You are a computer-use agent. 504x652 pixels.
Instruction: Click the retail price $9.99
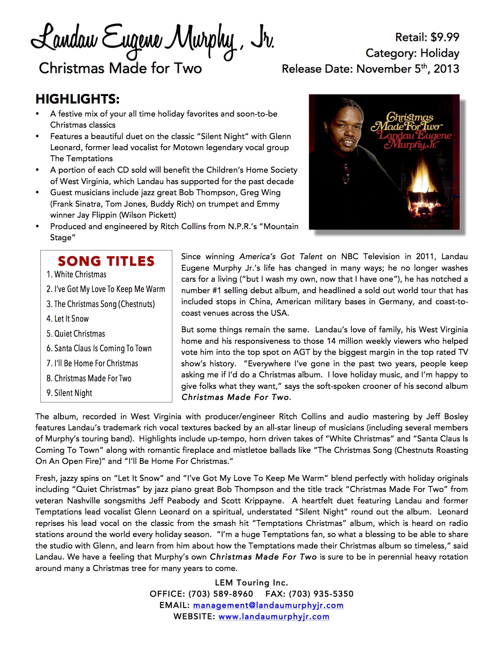pyautogui.click(x=445, y=37)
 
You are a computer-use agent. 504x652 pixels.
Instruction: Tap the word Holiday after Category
pyautogui.click(x=440, y=53)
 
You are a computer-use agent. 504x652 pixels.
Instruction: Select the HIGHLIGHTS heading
pyautogui.click(x=77, y=99)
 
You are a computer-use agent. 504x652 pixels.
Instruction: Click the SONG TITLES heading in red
pyautogui.click(x=106, y=261)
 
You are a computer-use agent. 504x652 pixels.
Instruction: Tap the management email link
pyautogui.click(x=268, y=605)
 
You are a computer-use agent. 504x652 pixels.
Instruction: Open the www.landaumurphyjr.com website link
pyautogui.click(x=274, y=616)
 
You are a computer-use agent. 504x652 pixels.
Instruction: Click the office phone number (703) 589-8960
pyautogui.click(x=221, y=594)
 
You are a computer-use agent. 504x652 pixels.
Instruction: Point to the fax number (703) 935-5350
pyautogui.click(x=321, y=594)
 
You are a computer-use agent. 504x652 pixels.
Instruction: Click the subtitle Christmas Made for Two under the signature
pyautogui.click(x=120, y=68)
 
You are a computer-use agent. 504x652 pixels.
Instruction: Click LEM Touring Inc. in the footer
pyautogui.click(x=251, y=583)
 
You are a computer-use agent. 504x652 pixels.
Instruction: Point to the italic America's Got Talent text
pyautogui.click(x=281, y=256)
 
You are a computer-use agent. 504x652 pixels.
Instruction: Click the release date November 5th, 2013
pyautogui.click(x=407, y=69)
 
